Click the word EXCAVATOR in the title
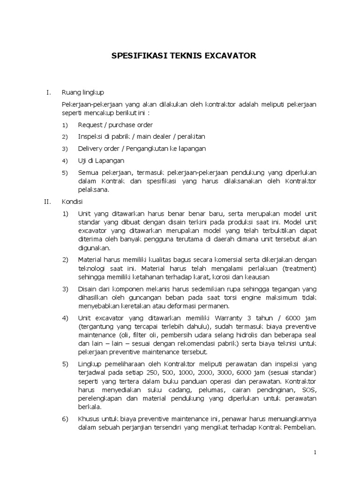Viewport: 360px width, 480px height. coord(226,56)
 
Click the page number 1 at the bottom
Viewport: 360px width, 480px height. coord(315,452)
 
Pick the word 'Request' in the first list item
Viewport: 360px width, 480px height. coord(90,125)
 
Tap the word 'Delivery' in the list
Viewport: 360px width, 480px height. coord(90,149)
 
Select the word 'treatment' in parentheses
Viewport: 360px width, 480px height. coord(299,269)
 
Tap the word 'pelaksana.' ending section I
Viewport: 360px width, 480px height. coord(93,189)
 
